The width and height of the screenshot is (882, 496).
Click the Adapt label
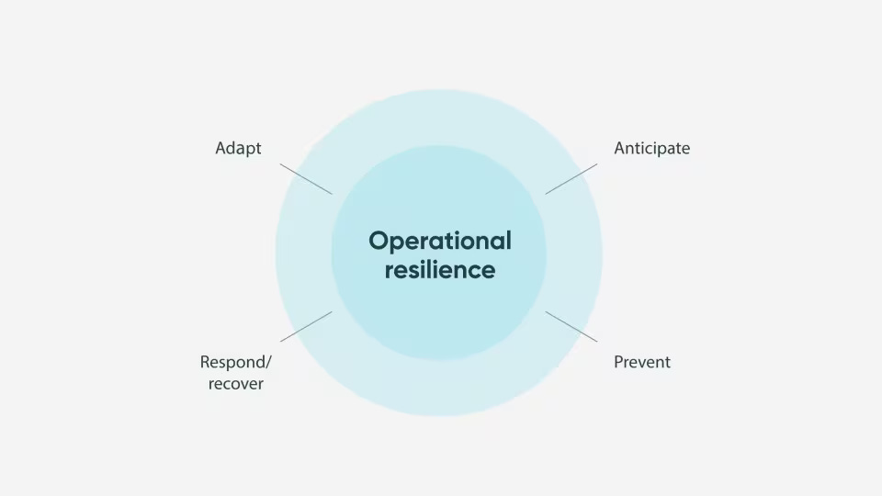tap(238, 148)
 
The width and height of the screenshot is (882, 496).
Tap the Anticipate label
tap(651, 148)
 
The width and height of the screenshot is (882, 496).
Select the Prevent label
tap(642, 362)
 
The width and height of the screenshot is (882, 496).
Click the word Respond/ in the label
tap(235, 362)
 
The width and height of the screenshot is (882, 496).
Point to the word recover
tap(235, 384)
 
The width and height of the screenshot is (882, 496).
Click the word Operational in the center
tap(439, 241)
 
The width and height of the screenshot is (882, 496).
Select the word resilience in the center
tap(439, 270)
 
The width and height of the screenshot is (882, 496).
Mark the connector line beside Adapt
tap(306, 179)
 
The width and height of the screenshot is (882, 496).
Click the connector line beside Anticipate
tap(571, 179)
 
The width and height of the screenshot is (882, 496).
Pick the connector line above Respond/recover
tap(306, 326)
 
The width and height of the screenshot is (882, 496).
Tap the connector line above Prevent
tap(571, 326)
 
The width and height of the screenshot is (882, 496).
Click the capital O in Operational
tap(378, 241)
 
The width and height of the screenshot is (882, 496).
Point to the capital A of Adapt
tap(221, 148)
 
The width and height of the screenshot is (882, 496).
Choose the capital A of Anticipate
tap(620, 148)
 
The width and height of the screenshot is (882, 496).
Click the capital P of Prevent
tap(618, 362)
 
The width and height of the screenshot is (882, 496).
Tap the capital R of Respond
tap(205, 362)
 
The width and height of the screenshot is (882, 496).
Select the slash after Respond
tap(268, 362)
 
